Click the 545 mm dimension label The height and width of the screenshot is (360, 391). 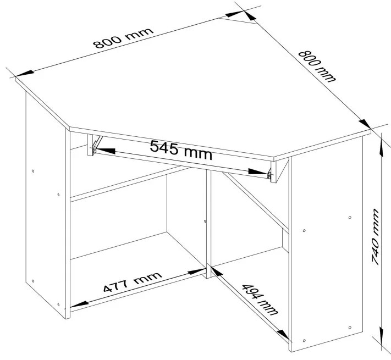tap(181, 150)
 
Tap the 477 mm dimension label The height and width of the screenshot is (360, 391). tap(133, 282)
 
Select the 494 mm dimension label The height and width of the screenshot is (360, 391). tap(260, 300)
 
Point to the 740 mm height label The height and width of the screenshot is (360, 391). tap(375, 237)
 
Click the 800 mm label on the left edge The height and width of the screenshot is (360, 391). tap(123, 38)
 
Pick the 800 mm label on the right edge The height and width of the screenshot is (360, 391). tap(317, 67)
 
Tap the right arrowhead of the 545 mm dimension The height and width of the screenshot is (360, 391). tap(258, 171)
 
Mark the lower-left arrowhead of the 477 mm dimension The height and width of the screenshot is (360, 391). tap(80, 304)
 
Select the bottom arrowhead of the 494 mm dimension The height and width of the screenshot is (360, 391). tap(284, 335)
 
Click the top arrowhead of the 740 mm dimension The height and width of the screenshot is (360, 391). tap(381, 148)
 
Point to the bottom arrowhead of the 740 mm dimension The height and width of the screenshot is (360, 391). tap(381, 335)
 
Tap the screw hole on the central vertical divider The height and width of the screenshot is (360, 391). tap(205, 221)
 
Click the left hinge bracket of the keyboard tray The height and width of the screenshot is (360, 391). tap(96, 144)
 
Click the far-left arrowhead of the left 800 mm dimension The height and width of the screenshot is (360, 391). tap(24, 74)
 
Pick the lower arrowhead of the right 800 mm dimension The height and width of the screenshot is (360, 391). tap(365, 124)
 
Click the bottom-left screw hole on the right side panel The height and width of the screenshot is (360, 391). tap(304, 341)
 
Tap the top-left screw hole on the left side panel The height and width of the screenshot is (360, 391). tap(33, 171)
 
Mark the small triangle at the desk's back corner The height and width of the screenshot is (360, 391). tap(238, 20)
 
